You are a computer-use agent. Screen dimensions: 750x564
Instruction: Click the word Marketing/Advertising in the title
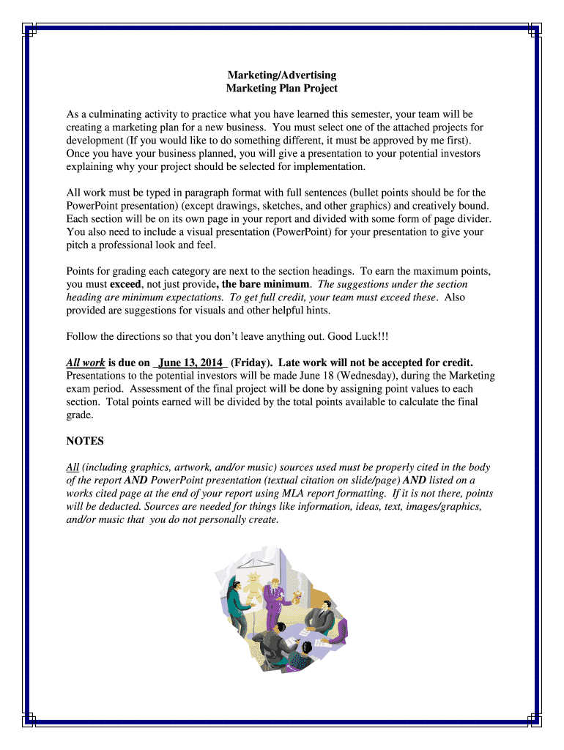281,75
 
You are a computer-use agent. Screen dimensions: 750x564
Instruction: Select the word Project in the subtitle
319,88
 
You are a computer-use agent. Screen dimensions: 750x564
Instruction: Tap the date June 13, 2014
190,363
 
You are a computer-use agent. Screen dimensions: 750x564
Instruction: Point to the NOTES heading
85,441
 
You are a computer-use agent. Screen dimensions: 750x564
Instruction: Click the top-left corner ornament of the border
29,29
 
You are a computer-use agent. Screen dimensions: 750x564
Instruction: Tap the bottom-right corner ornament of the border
535,721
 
